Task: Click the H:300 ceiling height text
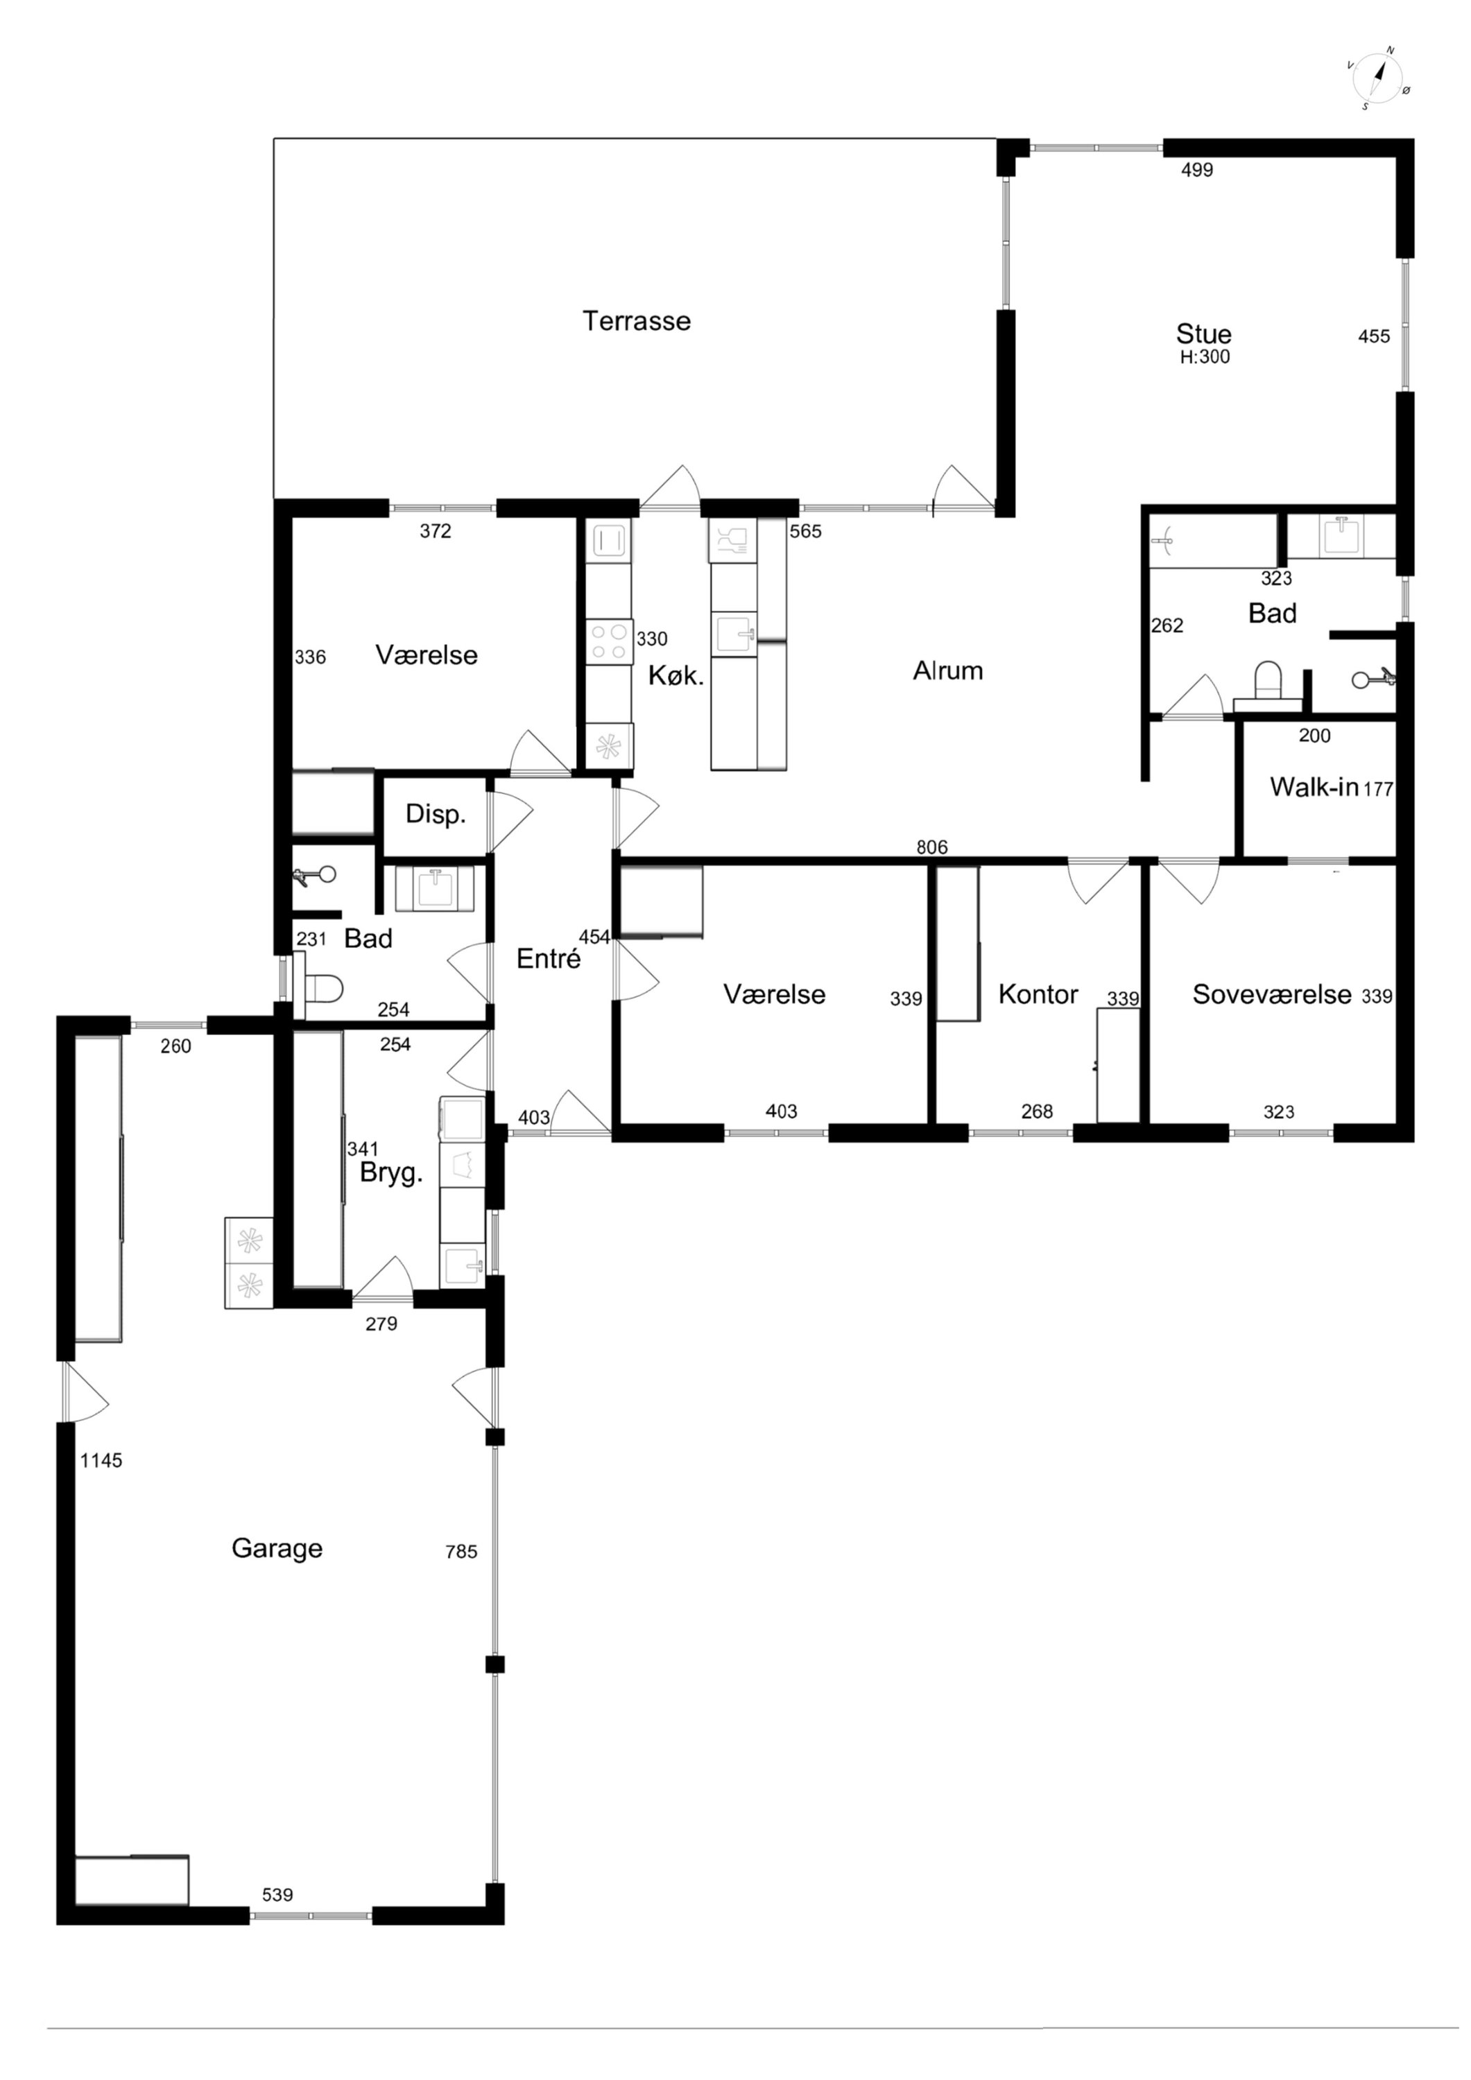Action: pyautogui.click(x=1205, y=357)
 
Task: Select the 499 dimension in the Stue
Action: pyautogui.click(x=1196, y=169)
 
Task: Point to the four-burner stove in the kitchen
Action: pyautogui.click(x=608, y=641)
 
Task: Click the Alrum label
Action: pyautogui.click(x=947, y=670)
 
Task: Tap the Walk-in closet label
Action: pyautogui.click(x=1314, y=786)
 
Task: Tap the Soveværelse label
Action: pyautogui.click(x=1271, y=995)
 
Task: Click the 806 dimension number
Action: pyautogui.click(x=931, y=847)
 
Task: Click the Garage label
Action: pyautogui.click(x=277, y=1548)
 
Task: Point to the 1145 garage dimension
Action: pyautogui.click(x=101, y=1460)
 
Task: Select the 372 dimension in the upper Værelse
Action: pyautogui.click(x=435, y=531)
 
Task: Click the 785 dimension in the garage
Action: pyautogui.click(x=461, y=1552)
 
